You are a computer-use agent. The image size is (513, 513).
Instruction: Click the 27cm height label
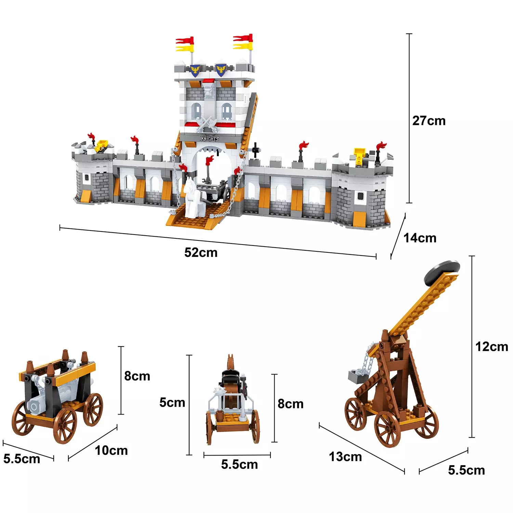(x=429, y=121)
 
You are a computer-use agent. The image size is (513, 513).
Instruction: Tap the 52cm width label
(x=201, y=253)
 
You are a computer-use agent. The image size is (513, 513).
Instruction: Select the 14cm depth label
(x=420, y=238)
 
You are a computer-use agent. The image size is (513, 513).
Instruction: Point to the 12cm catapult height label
(x=492, y=347)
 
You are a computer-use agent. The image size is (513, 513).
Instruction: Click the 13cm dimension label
(x=345, y=457)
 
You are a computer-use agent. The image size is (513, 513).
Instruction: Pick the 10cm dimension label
(x=111, y=450)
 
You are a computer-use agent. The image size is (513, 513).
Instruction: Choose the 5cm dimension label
(x=172, y=403)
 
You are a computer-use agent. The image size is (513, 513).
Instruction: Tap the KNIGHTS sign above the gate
(x=210, y=139)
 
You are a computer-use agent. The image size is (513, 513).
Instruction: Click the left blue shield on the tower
(x=195, y=70)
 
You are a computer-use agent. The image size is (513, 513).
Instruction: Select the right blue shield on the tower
(x=221, y=70)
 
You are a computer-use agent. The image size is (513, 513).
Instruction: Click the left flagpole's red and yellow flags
(x=185, y=44)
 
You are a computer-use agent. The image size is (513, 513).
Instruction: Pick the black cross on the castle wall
(x=255, y=150)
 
